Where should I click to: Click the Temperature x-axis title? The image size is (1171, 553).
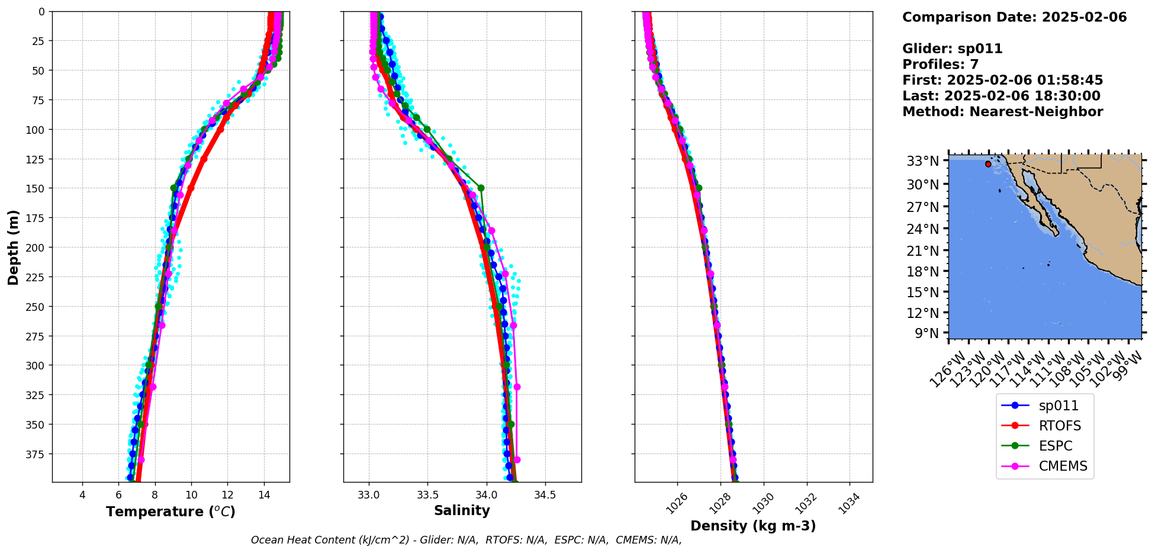170,512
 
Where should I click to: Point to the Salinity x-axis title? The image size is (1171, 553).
462,510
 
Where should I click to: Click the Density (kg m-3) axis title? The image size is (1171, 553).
753,526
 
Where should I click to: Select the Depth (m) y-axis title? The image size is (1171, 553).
13,247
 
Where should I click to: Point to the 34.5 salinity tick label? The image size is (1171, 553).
545,495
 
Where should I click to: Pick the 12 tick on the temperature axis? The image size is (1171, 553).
227,495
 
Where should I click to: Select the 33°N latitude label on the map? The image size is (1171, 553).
923,161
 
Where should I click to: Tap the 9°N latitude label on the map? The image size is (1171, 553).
927,333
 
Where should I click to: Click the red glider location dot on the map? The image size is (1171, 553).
988,164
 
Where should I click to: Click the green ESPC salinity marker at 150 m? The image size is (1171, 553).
481,188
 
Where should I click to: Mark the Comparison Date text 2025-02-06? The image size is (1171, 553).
1084,17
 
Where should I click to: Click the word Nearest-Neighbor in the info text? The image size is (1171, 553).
1036,112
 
